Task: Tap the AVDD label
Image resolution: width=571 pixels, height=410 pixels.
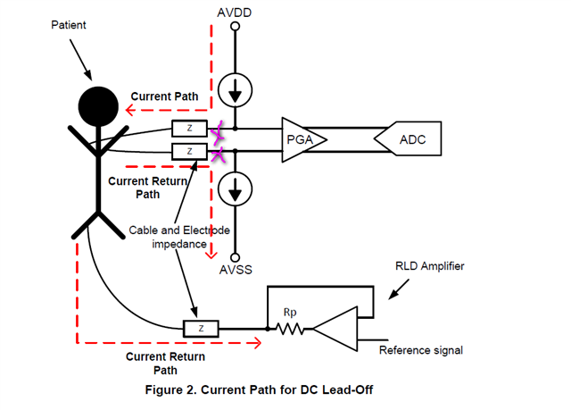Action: (x=236, y=12)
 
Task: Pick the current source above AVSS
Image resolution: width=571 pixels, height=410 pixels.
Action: (x=236, y=190)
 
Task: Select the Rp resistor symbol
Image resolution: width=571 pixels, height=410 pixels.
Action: (x=291, y=330)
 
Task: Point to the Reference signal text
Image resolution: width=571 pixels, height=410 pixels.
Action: (x=421, y=350)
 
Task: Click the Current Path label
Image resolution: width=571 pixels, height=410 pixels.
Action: (x=164, y=96)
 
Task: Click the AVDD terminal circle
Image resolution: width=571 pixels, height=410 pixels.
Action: (x=236, y=27)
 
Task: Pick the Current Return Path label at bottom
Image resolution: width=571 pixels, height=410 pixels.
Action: (x=165, y=363)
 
